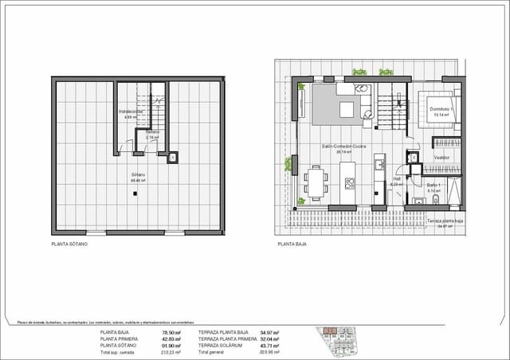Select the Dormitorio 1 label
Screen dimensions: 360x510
(441, 109)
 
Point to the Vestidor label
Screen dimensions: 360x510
(442, 158)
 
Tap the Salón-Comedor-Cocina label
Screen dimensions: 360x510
(343, 147)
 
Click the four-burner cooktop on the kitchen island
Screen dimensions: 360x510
(349, 182)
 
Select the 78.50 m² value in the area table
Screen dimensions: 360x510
(171, 331)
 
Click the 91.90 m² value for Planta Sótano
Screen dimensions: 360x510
(171, 344)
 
